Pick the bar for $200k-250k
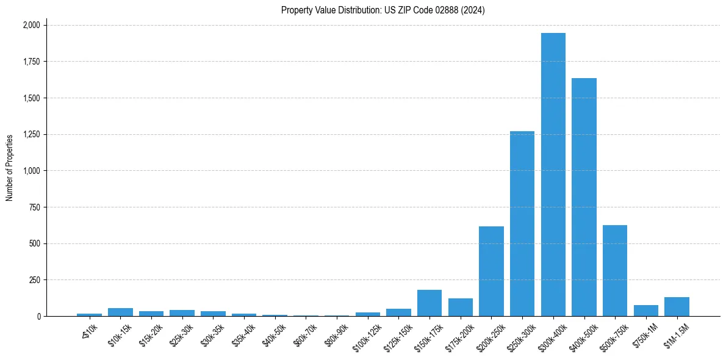pyautogui.click(x=491, y=272)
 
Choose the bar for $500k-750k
pyautogui.click(x=615, y=271)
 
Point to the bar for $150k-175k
pyautogui.click(x=429, y=303)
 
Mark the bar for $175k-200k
pyautogui.click(x=461, y=308)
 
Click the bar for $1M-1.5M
pyautogui.click(x=677, y=307)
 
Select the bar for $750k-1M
pyautogui.click(x=646, y=311)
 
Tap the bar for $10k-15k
pyautogui.click(x=120, y=312)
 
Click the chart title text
pyautogui.click(x=383, y=10)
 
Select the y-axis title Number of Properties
pyautogui.click(x=10, y=168)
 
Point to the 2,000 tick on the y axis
pyautogui.click(x=31, y=25)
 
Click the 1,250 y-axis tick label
pyautogui.click(x=31, y=134)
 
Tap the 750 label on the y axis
pyautogui.click(x=35, y=207)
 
